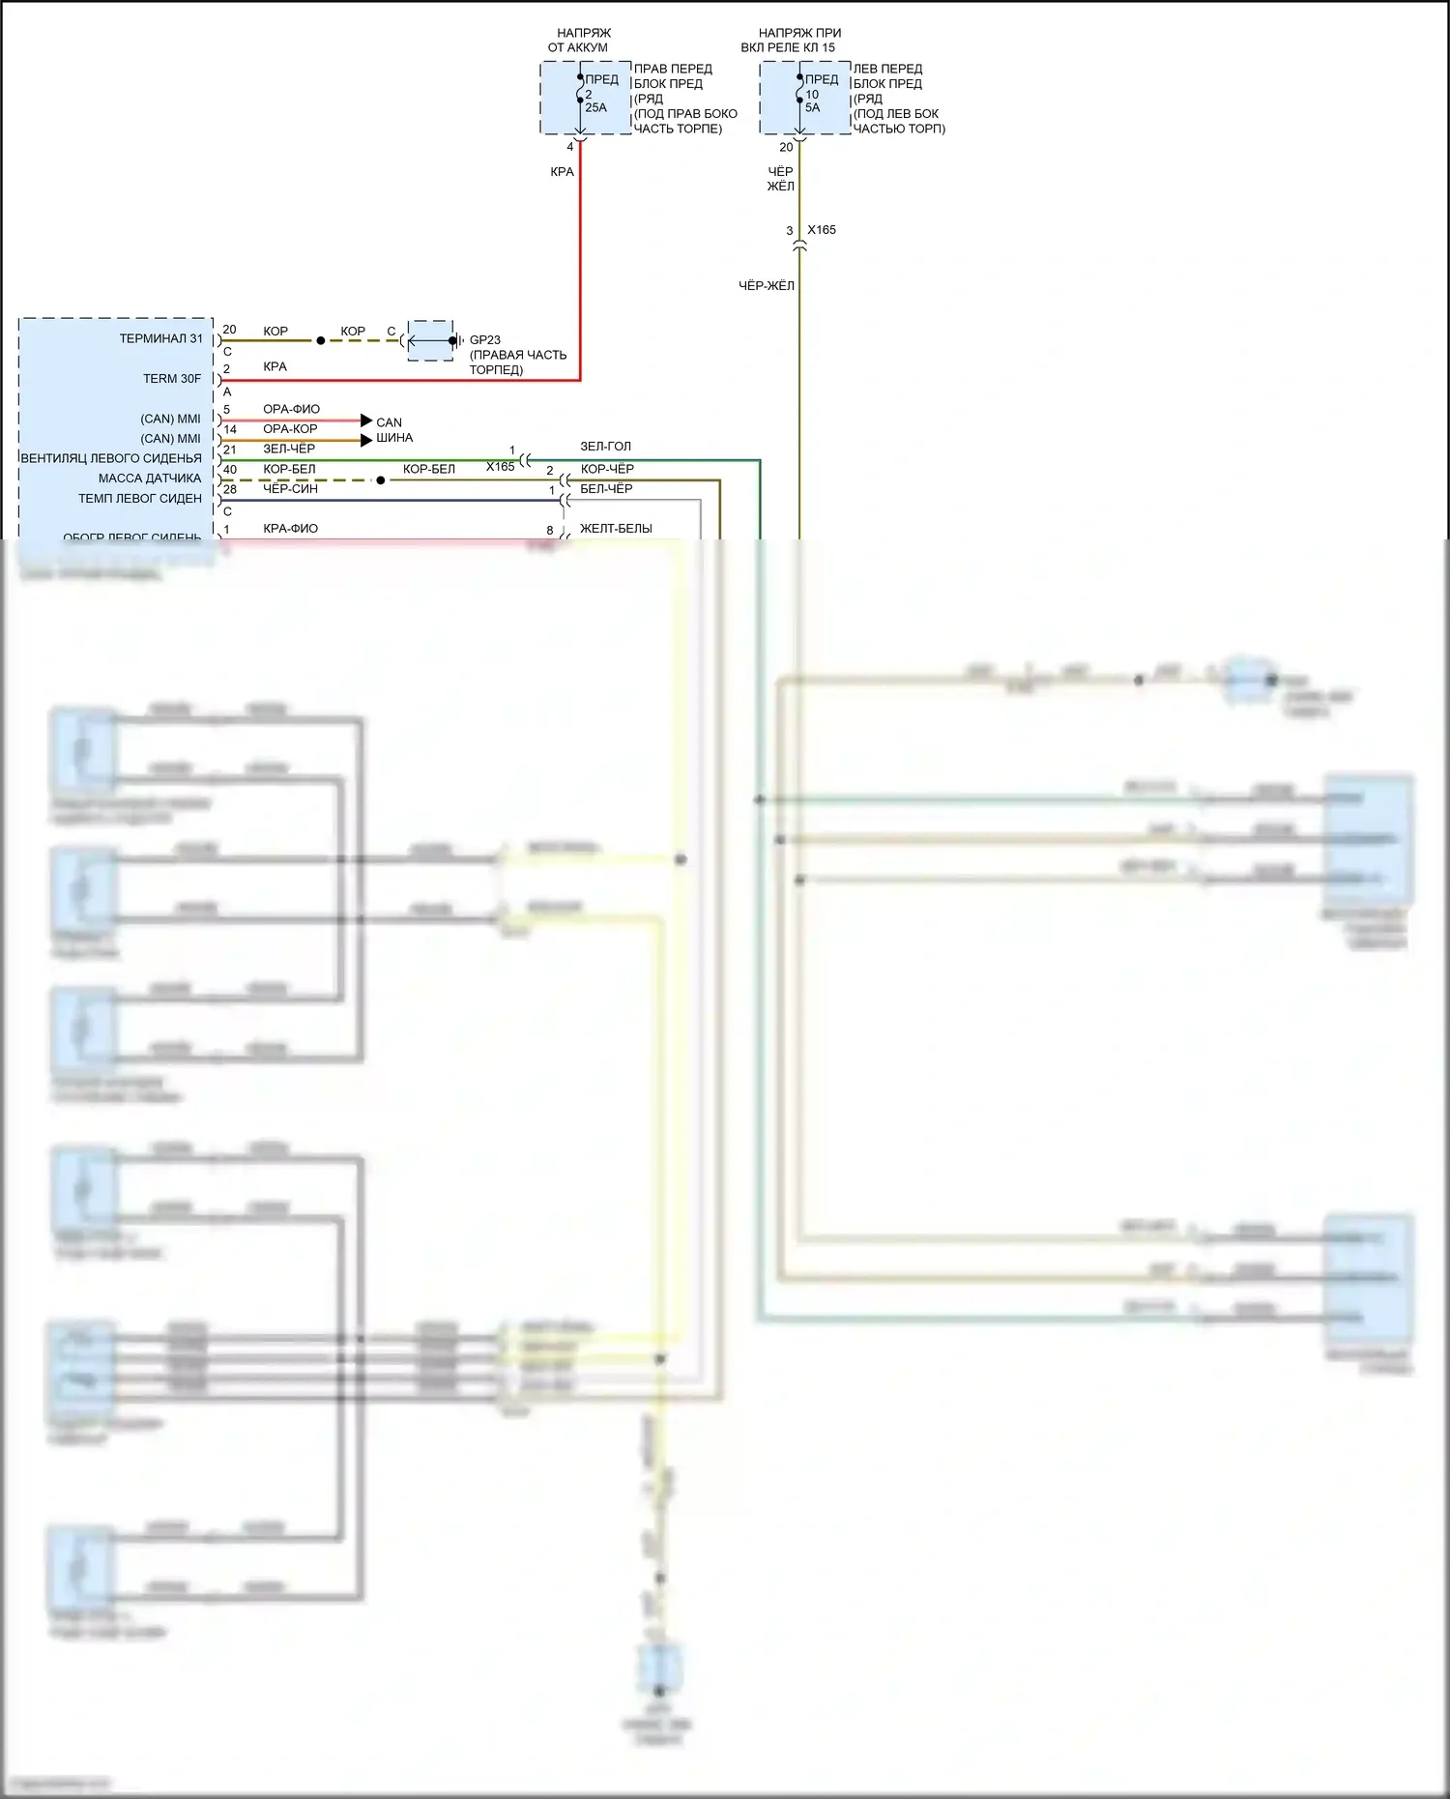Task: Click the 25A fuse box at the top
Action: (x=586, y=98)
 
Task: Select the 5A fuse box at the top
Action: (x=805, y=98)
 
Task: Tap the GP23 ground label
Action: (x=485, y=340)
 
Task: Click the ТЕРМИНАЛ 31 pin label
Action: (x=161, y=339)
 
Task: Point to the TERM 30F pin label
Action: (x=172, y=379)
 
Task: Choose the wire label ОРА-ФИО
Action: (x=291, y=410)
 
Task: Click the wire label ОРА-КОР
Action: (x=290, y=429)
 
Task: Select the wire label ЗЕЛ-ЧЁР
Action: (x=289, y=449)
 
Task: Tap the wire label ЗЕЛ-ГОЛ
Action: (x=605, y=447)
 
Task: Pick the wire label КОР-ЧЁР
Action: (x=607, y=469)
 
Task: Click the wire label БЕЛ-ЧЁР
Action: (x=606, y=489)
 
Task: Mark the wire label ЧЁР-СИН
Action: (x=290, y=489)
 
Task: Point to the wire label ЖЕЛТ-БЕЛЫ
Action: (x=616, y=529)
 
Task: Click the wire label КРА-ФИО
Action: (x=290, y=529)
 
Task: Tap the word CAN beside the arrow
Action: (x=389, y=422)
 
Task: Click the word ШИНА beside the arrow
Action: (x=394, y=438)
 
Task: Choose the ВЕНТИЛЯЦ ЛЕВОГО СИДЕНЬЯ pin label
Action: (x=111, y=458)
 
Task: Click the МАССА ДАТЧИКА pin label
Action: (x=150, y=479)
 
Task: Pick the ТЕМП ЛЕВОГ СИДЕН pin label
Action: (x=140, y=499)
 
